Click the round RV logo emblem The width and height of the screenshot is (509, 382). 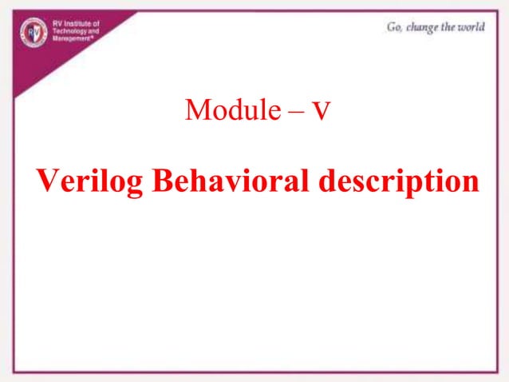33,31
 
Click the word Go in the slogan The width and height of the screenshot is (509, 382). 394,27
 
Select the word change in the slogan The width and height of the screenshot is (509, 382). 423,27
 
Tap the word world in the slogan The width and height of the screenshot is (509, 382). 472,27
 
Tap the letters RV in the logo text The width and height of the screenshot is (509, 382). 56,25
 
